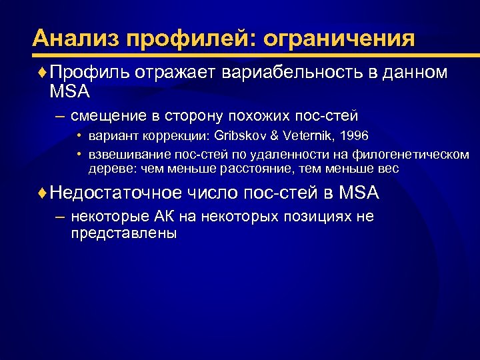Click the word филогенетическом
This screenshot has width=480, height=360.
click(x=413, y=155)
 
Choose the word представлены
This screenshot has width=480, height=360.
click(x=123, y=233)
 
